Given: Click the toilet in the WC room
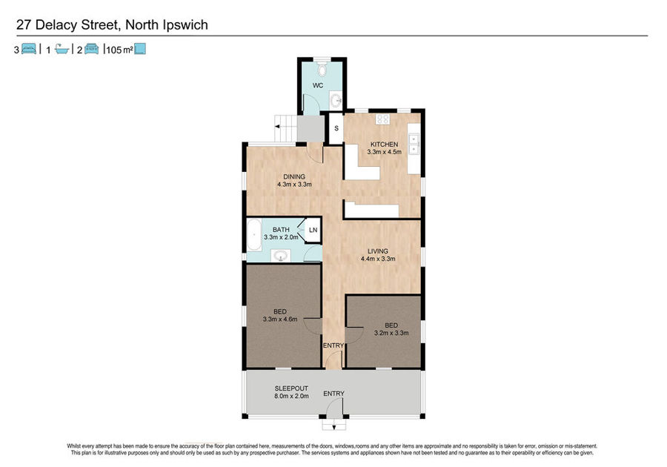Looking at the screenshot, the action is pyautogui.click(x=322, y=68).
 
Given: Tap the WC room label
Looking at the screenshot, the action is pyautogui.click(x=318, y=85).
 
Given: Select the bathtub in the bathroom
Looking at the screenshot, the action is pyautogui.click(x=254, y=235).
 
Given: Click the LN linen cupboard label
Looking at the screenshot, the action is pyautogui.click(x=313, y=230).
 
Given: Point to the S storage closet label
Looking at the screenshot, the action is pyautogui.click(x=336, y=128).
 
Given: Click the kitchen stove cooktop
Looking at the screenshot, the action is pyautogui.click(x=382, y=119).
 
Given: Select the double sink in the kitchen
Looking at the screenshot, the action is pyautogui.click(x=414, y=145).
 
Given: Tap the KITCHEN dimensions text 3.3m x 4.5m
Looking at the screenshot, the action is pyautogui.click(x=384, y=152).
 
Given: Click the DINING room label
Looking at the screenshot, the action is pyautogui.click(x=294, y=176).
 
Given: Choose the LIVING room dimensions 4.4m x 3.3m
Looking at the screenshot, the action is pyautogui.click(x=378, y=259).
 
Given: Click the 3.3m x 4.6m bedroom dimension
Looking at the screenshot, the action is pyautogui.click(x=280, y=319).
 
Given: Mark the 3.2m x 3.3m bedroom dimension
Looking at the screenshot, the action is pyautogui.click(x=391, y=333).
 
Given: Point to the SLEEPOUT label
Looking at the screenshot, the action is pyautogui.click(x=291, y=388).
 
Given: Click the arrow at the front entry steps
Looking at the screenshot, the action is pyautogui.click(x=334, y=426).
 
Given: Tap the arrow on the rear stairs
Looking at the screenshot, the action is pyautogui.click(x=277, y=126).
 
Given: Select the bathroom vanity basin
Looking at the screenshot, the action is pyautogui.click(x=281, y=256).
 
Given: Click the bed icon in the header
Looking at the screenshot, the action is pyautogui.click(x=29, y=49).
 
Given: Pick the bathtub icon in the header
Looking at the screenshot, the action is pyautogui.click(x=62, y=50).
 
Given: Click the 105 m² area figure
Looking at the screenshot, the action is pyautogui.click(x=119, y=50).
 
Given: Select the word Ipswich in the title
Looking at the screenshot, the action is pyautogui.click(x=185, y=25).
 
